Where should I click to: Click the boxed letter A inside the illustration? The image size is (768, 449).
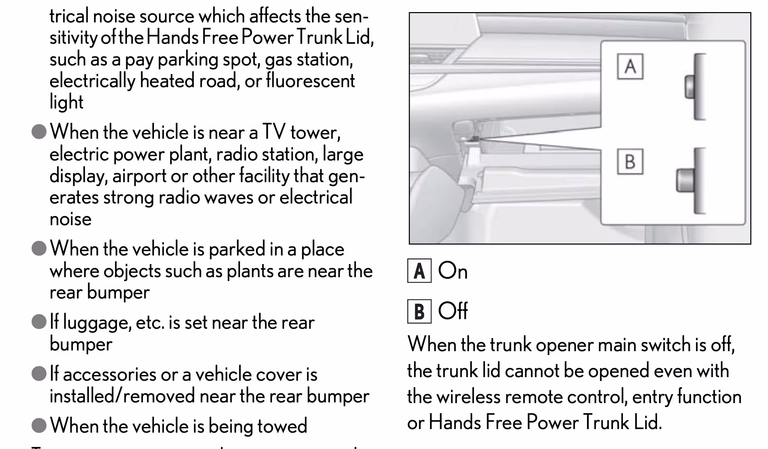point(630,66)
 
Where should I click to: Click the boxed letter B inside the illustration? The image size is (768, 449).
point(630,161)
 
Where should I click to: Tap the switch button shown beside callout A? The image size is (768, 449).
point(690,86)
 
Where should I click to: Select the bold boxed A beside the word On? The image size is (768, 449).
point(419,271)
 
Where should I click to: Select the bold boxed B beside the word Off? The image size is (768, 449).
point(419,311)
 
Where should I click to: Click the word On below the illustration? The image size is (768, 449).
point(453,271)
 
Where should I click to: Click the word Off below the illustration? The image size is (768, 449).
point(453,311)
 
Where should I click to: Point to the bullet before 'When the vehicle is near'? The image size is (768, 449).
point(39,132)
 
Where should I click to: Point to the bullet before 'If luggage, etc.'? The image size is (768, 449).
point(39,322)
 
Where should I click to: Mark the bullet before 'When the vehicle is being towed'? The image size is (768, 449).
point(39,425)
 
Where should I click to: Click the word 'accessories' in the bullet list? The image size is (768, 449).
point(110,374)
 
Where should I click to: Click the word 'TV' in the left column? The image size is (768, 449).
point(274,132)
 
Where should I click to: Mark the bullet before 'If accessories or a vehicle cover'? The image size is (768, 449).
point(39,374)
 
